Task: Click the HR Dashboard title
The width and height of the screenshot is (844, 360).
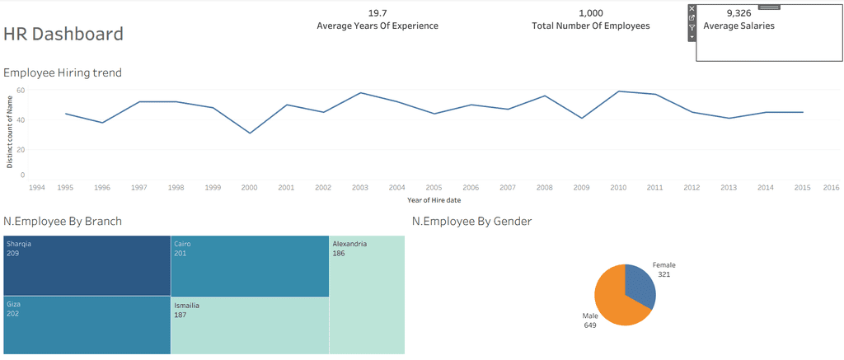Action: pos(63,34)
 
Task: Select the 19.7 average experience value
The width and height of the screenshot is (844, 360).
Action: pos(377,13)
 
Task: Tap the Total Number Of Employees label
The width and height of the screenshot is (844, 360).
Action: pos(590,26)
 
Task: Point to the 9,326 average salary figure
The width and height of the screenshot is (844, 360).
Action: pos(738,13)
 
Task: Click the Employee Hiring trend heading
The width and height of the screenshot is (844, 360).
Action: pos(63,72)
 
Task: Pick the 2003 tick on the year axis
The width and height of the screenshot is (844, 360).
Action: pos(360,188)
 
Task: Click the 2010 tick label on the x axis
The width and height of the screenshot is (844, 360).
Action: pos(618,188)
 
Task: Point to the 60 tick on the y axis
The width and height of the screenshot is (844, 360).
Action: pos(21,91)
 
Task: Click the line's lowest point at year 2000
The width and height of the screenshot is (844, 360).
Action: pos(250,133)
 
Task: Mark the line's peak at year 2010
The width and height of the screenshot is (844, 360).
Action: pos(618,91)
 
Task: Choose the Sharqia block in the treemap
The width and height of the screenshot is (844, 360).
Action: pos(87,265)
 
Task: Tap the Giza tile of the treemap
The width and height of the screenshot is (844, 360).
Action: pos(87,325)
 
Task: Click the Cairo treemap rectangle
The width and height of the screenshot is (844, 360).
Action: pos(250,265)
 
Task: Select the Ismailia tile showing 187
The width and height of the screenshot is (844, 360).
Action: pos(250,325)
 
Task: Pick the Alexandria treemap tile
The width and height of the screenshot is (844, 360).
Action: pos(367,294)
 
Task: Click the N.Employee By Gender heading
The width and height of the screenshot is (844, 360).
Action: pos(471,221)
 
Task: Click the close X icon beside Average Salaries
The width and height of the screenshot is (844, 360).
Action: pos(692,8)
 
